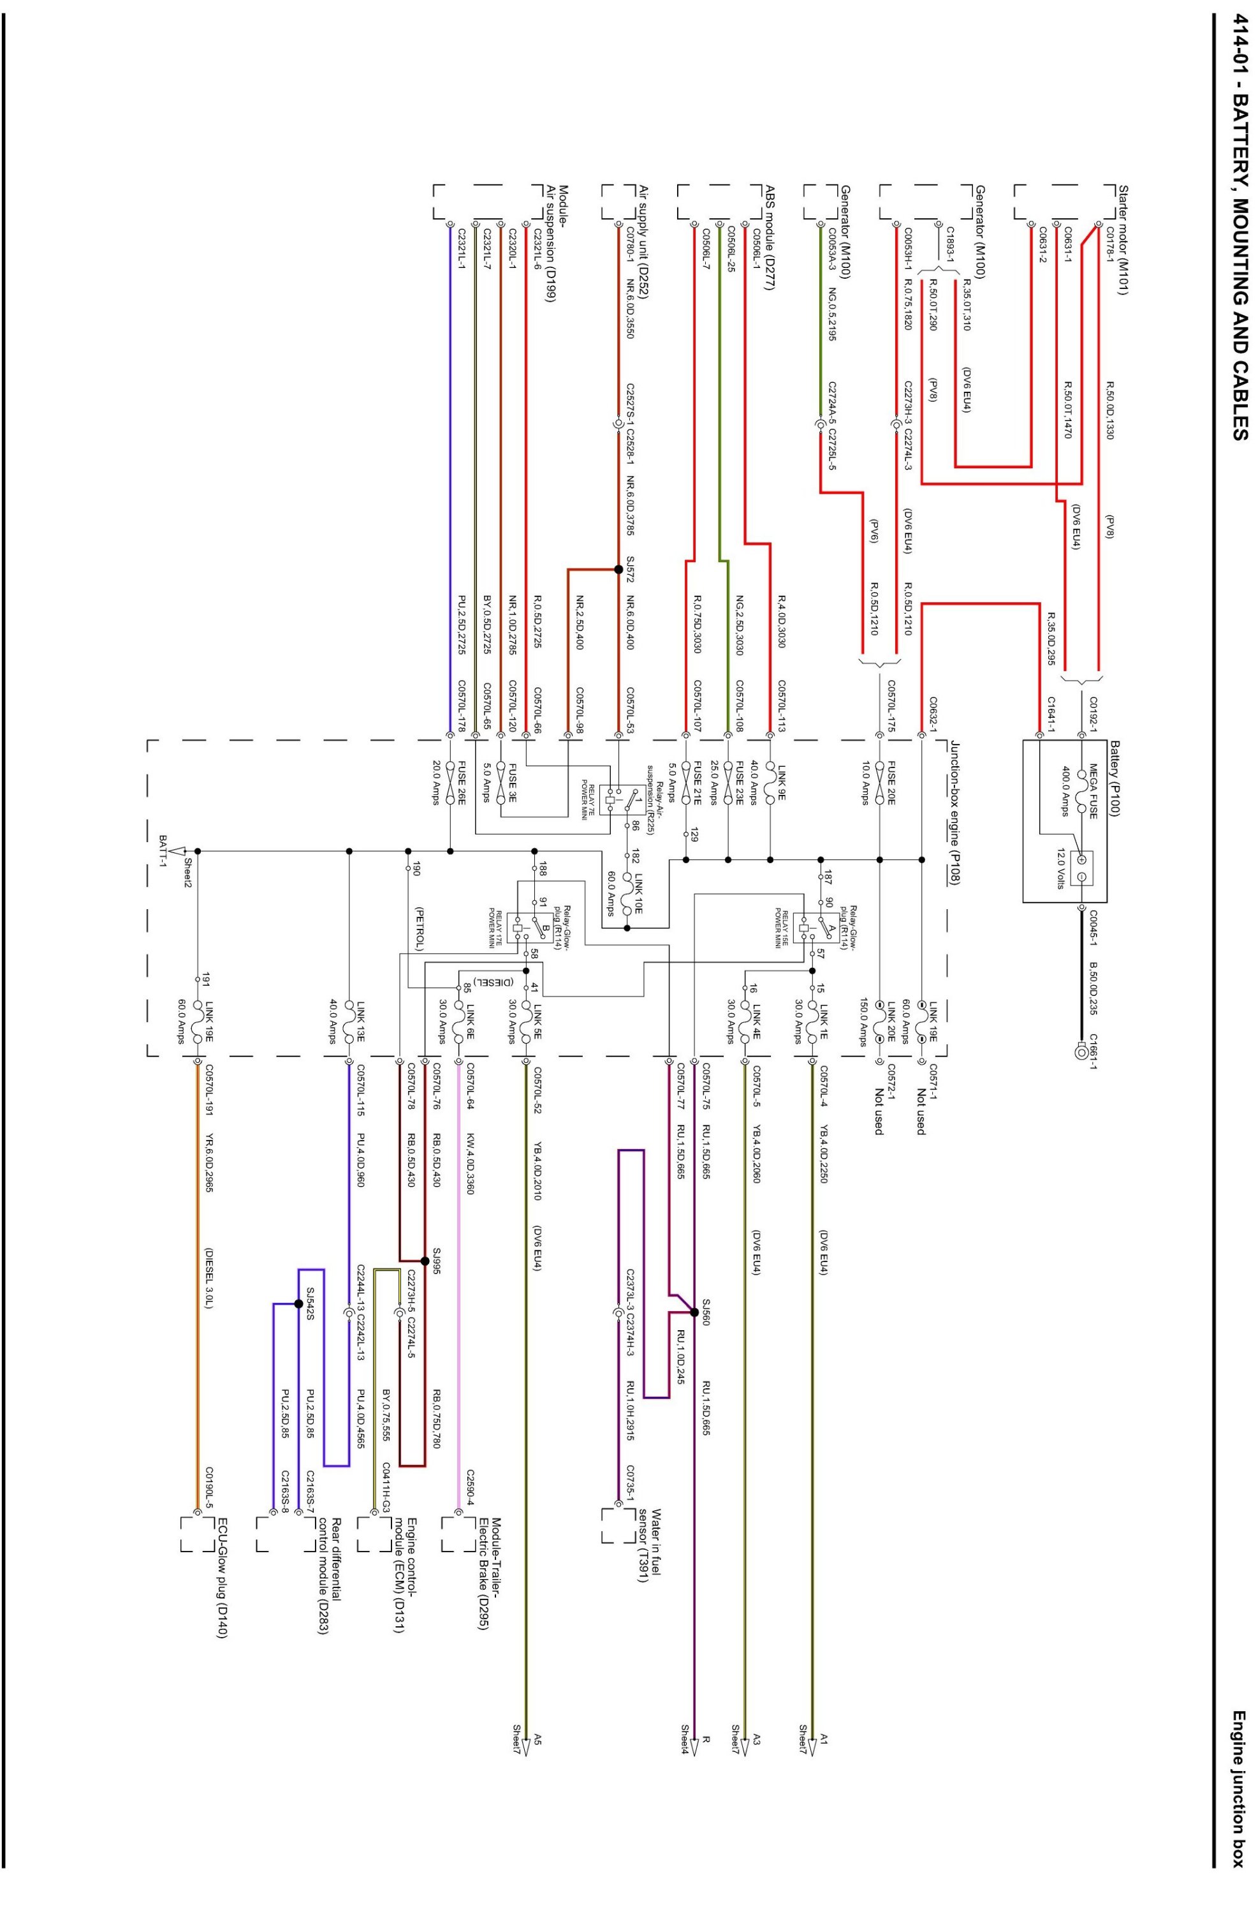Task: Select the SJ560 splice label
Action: click(706, 1311)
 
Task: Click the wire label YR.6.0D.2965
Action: click(209, 1174)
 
